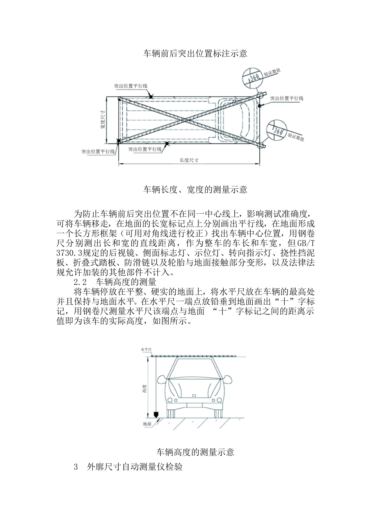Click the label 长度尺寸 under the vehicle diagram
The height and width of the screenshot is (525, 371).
189,160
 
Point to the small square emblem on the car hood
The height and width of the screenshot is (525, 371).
194,395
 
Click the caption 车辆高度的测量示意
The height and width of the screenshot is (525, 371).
195,452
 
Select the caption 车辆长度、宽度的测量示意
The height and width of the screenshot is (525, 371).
195,190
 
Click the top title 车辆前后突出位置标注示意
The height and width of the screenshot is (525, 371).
195,54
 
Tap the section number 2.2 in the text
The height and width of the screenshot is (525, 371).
80,282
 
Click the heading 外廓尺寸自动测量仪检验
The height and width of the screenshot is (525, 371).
135,467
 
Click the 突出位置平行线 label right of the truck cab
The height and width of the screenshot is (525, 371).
287,98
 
